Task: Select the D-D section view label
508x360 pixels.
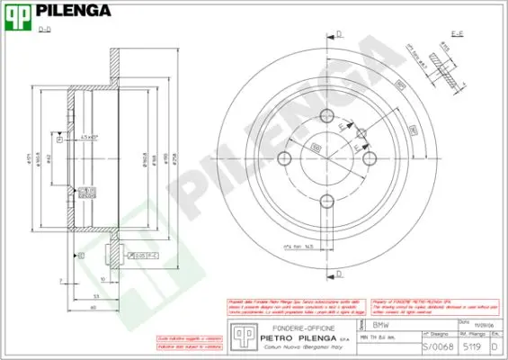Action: pos(44,31)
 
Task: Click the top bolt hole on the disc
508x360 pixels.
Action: pos(327,117)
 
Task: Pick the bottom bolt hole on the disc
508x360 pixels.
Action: pos(327,202)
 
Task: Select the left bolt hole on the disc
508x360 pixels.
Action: pos(285,159)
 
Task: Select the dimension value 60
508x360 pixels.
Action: pos(93,307)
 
